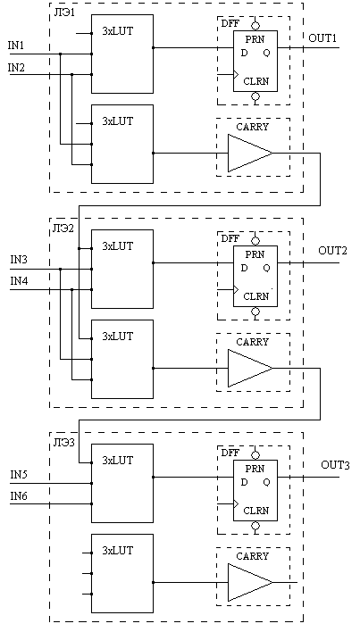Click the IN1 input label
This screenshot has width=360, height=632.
pyautogui.click(x=16, y=46)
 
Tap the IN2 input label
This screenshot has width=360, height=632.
pyautogui.click(x=16, y=68)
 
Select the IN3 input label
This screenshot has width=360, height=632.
pyautogui.click(x=19, y=260)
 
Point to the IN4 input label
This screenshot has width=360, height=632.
pyautogui.click(x=19, y=281)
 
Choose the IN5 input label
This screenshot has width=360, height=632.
pyautogui.click(x=19, y=474)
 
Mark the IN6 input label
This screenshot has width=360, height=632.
pyautogui.click(x=19, y=495)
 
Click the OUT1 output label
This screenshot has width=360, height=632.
pyautogui.click(x=322, y=38)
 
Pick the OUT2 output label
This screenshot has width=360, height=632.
pyautogui.click(x=332, y=251)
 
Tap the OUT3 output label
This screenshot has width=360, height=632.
pyautogui.click(x=335, y=465)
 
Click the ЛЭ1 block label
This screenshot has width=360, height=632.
pyautogui.click(x=63, y=11)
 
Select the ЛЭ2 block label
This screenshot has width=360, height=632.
pyautogui.click(x=63, y=229)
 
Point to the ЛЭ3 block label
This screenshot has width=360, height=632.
pyautogui.click(x=63, y=443)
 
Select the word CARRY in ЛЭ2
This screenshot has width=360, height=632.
pyautogui.click(x=253, y=342)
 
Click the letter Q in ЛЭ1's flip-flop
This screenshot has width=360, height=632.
pyautogui.click(x=266, y=53)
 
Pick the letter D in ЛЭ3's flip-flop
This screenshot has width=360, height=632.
pyautogui.click(x=244, y=482)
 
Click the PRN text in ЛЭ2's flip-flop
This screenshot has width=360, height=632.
pyautogui.click(x=255, y=254)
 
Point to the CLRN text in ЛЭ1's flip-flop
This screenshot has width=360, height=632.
pyautogui.click(x=256, y=81)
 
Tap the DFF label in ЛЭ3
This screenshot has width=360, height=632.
pyautogui.click(x=230, y=453)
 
